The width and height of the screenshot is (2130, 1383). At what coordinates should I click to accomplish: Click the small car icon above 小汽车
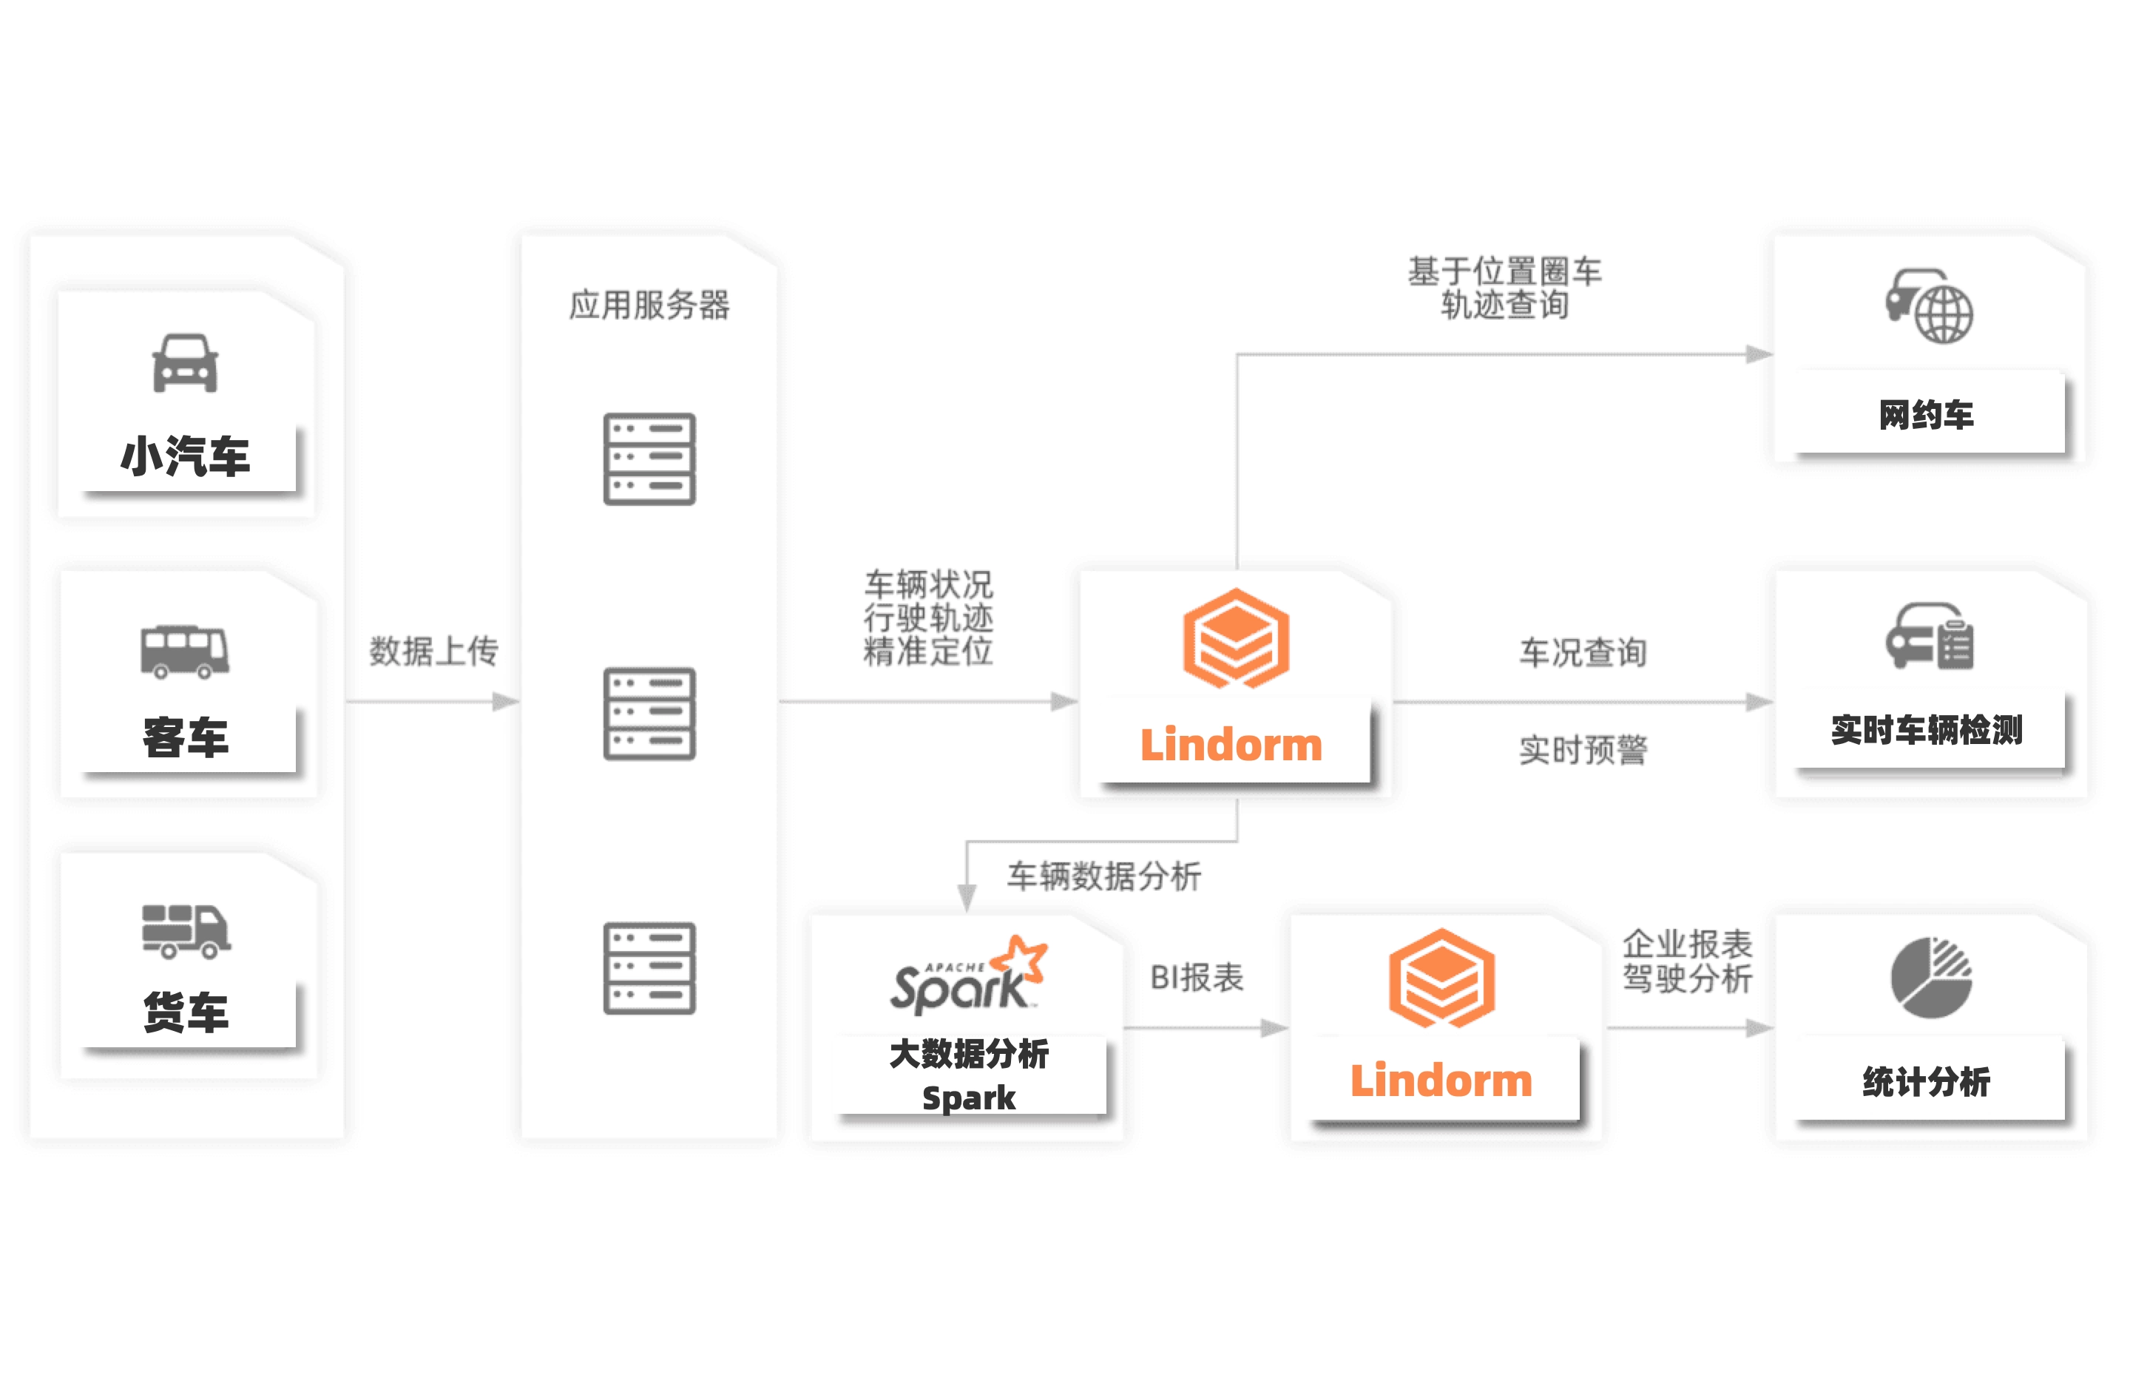[185, 363]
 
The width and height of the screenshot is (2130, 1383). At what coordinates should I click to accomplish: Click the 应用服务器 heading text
[649, 305]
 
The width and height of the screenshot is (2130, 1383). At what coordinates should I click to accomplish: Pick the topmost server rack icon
[649, 459]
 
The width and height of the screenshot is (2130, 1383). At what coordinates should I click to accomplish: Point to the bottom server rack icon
[649, 967]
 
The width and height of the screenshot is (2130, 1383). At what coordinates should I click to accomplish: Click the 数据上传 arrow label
[433, 651]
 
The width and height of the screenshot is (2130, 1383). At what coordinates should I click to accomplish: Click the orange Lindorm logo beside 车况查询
[1236, 638]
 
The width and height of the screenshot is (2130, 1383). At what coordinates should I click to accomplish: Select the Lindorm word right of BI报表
[1441, 1081]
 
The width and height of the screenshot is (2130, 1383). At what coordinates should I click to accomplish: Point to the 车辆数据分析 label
[1103, 876]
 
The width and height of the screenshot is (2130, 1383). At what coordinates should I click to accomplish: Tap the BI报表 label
[1197, 978]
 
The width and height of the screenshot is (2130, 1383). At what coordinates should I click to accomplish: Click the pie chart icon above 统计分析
[1930, 978]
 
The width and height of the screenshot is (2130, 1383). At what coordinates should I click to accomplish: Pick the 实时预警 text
[1582, 750]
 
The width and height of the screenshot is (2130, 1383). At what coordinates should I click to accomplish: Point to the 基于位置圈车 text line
[1504, 271]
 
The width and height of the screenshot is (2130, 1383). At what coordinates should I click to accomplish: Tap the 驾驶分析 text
[1687, 978]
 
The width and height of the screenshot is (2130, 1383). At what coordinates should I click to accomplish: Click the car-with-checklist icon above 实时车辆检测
[1929, 638]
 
